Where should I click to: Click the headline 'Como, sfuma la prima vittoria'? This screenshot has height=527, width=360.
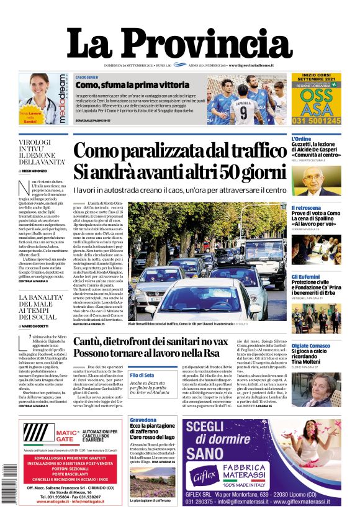point(123,84)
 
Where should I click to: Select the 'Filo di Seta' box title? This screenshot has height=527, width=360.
point(143,376)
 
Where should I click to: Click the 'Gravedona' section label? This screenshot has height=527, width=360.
point(144,420)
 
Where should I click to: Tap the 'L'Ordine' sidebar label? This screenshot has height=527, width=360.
point(302,138)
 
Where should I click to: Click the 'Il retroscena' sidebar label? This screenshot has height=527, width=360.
point(307,207)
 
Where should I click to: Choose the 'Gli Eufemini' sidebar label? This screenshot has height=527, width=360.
point(306,276)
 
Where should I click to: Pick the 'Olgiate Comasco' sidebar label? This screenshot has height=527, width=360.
point(310,345)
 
